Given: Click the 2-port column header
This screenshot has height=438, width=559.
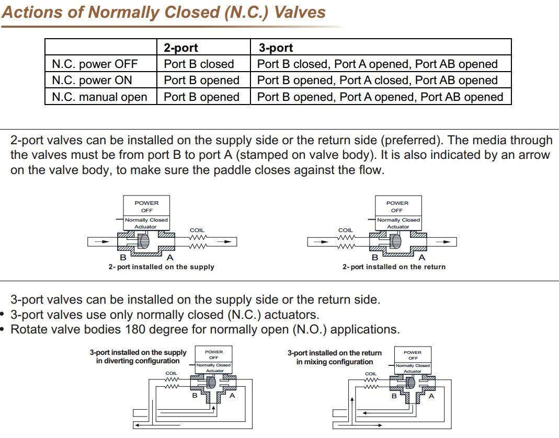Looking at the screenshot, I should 181,48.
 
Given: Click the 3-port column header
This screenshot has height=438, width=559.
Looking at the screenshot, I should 276,48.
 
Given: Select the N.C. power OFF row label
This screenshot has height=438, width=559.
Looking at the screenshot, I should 95,64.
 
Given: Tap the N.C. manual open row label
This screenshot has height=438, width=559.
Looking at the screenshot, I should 99,97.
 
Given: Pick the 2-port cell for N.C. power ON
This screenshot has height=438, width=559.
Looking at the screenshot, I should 201,80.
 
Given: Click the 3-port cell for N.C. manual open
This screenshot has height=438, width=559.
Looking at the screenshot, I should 380,97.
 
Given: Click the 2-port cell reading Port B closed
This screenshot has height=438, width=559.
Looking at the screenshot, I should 199,64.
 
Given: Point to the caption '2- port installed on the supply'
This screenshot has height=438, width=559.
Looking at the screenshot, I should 161,267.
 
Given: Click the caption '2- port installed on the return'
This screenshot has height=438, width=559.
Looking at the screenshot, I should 394,267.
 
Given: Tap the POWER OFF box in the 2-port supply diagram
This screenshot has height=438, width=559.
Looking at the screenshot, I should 146,206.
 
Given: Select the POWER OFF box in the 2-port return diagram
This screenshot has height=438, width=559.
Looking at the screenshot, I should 397,206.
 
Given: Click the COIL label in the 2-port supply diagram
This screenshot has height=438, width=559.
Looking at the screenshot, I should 197,230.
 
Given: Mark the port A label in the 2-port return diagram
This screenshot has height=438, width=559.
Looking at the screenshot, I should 422,258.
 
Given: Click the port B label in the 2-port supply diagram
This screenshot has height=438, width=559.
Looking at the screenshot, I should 123,258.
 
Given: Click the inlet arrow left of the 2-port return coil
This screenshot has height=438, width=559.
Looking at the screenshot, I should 324,241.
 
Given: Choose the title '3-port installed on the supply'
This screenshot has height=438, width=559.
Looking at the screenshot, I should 138,353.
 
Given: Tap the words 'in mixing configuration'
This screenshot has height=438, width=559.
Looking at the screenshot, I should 335,362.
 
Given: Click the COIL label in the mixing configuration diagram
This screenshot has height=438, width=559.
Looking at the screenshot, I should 371,374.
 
